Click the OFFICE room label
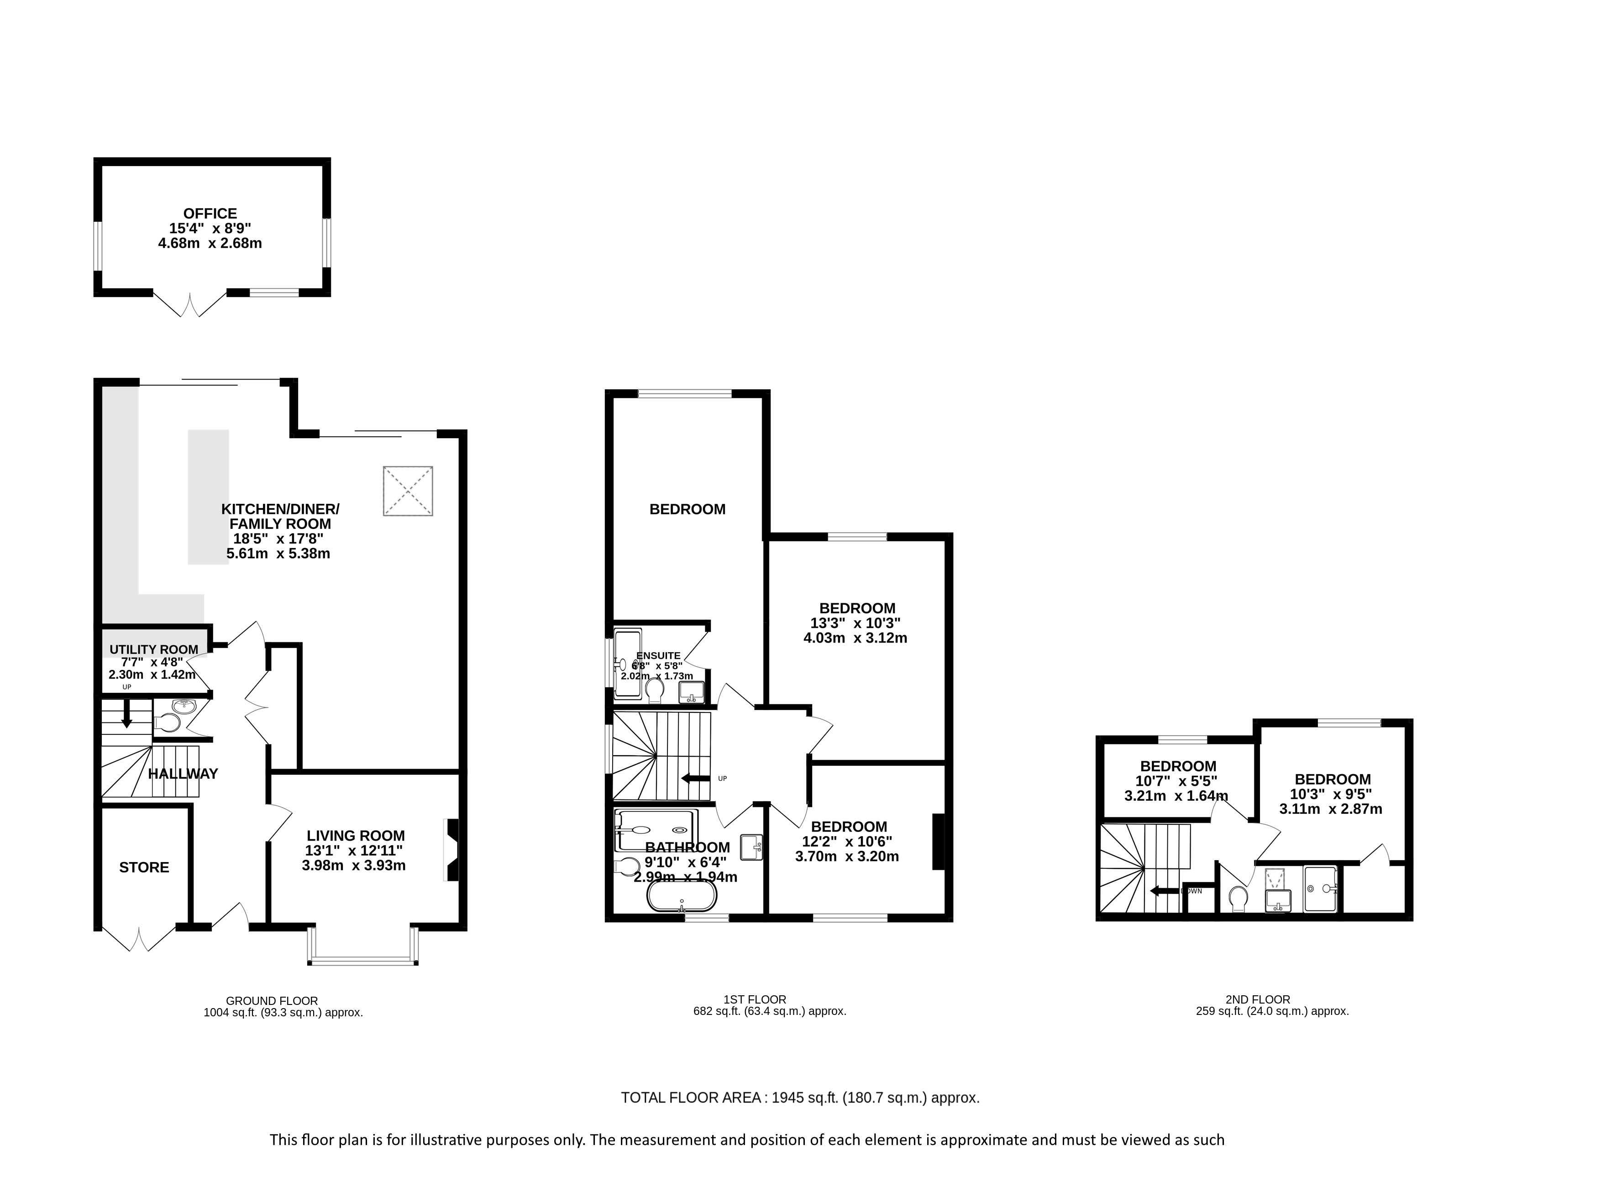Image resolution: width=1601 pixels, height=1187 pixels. pyautogui.click(x=210, y=214)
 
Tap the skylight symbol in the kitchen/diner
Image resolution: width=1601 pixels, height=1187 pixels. pyautogui.click(x=408, y=491)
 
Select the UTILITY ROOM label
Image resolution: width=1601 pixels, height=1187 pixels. pyautogui.click(x=154, y=649)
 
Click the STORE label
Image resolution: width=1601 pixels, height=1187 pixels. pyautogui.click(x=144, y=867)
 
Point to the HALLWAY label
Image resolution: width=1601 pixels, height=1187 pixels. pyautogui.click(x=183, y=774)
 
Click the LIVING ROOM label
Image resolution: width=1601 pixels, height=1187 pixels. pyautogui.click(x=356, y=836)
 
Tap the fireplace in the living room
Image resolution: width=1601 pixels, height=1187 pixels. pyautogui.click(x=452, y=850)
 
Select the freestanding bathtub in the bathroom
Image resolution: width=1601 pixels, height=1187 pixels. pyautogui.click(x=682, y=897)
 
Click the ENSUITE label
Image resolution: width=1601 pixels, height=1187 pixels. pyautogui.click(x=658, y=655)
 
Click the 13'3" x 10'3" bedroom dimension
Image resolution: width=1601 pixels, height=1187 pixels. pyautogui.click(x=855, y=623)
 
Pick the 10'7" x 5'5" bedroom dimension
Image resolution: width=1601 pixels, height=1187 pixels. pyautogui.click(x=1177, y=781)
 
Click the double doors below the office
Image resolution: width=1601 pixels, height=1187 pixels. pyautogui.click(x=190, y=305)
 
